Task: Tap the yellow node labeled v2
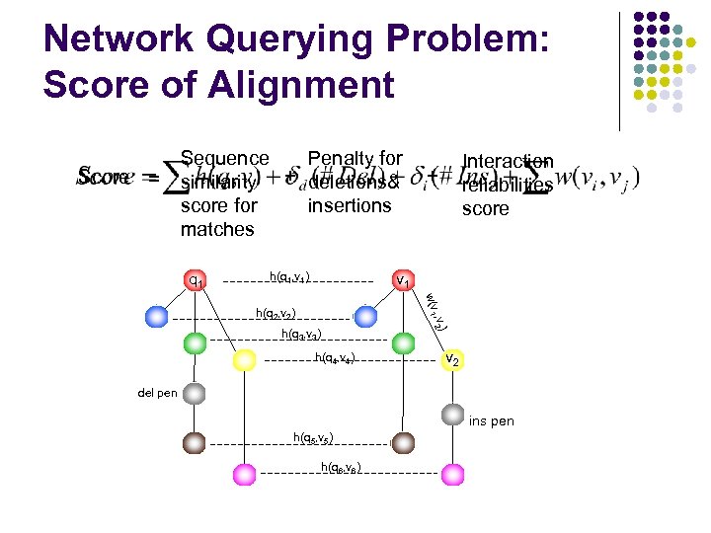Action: click(x=451, y=360)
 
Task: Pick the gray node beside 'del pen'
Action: click(x=195, y=394)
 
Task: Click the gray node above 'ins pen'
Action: click(x=452, y=415)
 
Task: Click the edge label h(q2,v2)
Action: click(x=276, y=314)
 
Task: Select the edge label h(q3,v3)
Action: click(x=299, y=334)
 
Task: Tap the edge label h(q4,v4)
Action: click(x=335, y=357)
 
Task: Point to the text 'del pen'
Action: click(x=157, y=393)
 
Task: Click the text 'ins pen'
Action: click(x=491, y=421)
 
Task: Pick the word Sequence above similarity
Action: click(x=225, y=158)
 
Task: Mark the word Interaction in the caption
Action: click(x=508, y=161)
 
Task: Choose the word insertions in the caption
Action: click(x=350, y=205)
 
